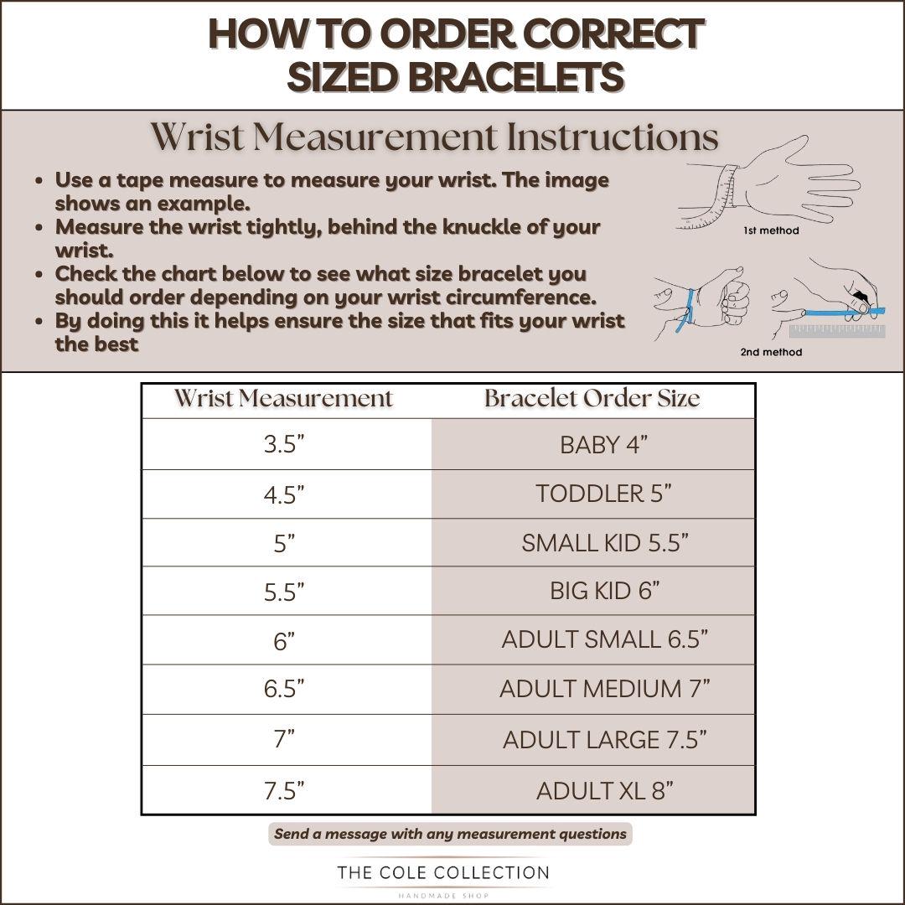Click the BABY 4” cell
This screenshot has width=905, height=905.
592,444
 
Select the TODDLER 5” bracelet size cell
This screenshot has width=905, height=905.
592,494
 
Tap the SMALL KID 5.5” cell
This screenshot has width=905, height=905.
592,542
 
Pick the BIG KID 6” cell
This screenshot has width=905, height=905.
592,591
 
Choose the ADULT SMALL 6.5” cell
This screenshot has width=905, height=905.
592,639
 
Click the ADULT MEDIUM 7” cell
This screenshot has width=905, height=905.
592,689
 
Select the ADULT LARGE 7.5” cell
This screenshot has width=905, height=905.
592,740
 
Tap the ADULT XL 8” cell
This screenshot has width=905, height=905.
592,790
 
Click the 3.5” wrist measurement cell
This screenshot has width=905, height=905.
287,444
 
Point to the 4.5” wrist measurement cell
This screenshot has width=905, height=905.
287,494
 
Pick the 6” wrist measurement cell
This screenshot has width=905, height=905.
287,639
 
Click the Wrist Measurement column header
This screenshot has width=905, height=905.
284,398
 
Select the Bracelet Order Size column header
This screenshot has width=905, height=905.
592,398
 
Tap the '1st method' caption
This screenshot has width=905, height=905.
771,230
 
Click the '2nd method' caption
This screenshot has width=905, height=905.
771,352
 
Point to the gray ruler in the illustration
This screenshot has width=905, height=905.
837,331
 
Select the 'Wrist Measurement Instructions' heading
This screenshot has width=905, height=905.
435,137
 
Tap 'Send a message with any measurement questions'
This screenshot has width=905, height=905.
450,834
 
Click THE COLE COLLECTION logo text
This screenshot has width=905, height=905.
443,872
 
